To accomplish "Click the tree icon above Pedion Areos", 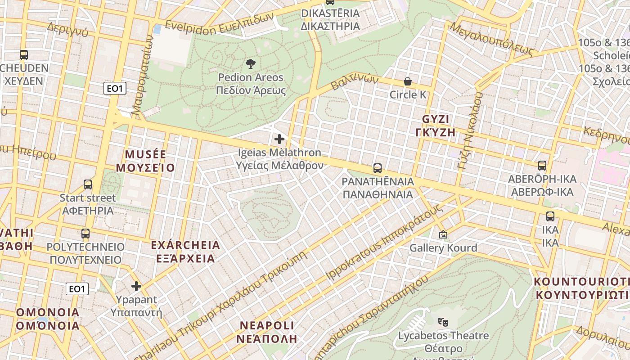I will pos(251,63).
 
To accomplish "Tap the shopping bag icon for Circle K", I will pos(408,81).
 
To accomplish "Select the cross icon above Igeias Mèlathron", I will pos(279,139).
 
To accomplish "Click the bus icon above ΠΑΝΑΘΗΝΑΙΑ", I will pos(378,168).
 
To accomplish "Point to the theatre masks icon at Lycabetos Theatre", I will pos(443,322).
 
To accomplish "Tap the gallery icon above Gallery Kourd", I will pos(443,234).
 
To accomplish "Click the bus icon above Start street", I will pos(88,184).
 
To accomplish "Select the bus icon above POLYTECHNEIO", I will pos(85,234).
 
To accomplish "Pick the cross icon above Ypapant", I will pos(136,286).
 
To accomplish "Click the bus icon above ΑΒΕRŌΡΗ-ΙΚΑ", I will pos(542,166).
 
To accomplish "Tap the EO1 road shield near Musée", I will pos(115,88).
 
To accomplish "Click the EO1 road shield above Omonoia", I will pos(77,288).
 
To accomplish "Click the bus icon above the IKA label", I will pos(550,216).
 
